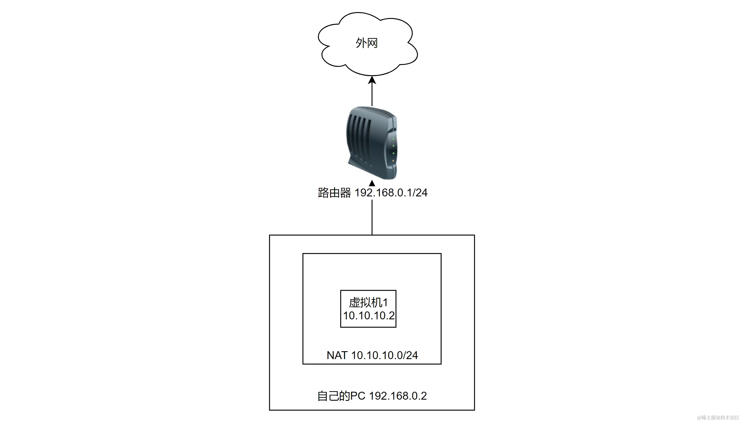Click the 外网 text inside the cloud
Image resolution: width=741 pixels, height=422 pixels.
point(367,43)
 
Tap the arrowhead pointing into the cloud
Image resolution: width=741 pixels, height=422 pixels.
point(372,80)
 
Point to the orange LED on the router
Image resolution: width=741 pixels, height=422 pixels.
point(393,161)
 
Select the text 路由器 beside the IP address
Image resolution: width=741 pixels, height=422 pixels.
point(334,193)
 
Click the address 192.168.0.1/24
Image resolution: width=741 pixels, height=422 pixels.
point(391,193)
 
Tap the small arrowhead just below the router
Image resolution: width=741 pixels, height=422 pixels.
point(372,183)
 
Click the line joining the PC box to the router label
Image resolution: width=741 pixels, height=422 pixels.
point(372,217)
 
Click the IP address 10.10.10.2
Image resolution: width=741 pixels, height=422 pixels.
point(369,316)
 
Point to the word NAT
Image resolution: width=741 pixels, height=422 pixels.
point(337,355)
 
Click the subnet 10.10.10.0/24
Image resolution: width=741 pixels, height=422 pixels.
point(385,355)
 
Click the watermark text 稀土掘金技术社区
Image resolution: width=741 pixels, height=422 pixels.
point(720,418)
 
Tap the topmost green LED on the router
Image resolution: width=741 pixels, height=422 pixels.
point(393,139)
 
